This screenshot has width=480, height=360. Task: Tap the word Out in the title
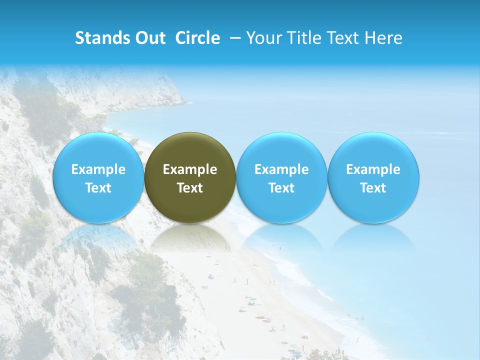coord(149,38)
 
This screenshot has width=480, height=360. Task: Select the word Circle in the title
coord(197,38)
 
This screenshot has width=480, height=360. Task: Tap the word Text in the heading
coord(344,38)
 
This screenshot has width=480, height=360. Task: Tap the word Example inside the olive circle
coord(190,169)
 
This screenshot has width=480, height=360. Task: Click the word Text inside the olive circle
coord(190,188)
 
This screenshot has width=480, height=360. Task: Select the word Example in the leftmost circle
coord(98,169)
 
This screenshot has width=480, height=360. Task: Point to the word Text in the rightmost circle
coord(373,188)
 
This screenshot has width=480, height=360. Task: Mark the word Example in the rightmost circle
coord(373,169)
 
